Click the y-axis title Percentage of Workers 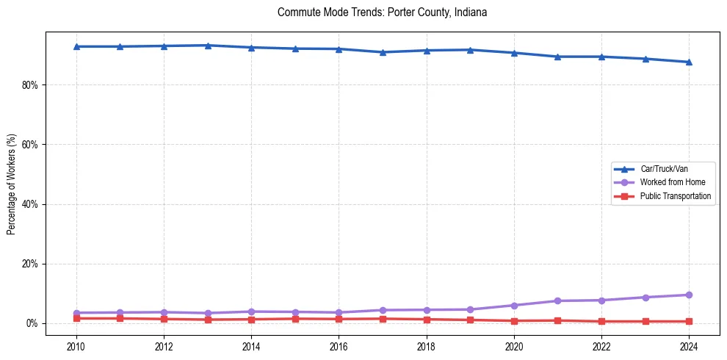[12, 184]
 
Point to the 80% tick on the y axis [30, 85]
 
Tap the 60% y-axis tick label [30, 145]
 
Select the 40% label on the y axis [30, 204]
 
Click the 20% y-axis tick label [30, 264]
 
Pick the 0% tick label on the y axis [32, 323]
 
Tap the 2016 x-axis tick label [339, 345]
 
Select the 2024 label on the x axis [689, 345]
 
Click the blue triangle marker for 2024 [689, 62]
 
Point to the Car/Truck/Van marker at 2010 [76, 46]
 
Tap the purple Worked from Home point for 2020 [514, 306]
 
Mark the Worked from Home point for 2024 [689, 295]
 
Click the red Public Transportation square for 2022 [601, 321]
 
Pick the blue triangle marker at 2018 [427, 50]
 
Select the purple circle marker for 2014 [251, 312]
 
